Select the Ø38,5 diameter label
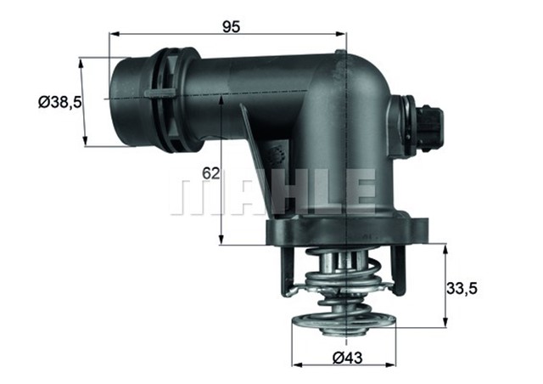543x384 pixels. pos(56,102)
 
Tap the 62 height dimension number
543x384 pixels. pos(210,173)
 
